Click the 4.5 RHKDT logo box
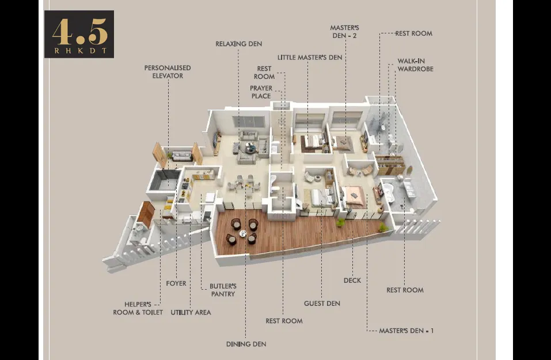(x=79, y=34)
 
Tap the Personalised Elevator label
(x=168, y=72)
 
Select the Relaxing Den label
(x=238, y=44)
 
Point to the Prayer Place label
(x=261, y=92)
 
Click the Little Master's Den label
(x=310, y=57)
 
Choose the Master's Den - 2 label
(x=344, y=32)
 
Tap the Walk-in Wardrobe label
(x=415, y=65)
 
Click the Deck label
(x=352, y=281)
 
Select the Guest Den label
(x=322, y=304)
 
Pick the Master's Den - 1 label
(x=406, y=331)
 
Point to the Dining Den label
(x=246, y=344)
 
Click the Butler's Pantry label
(x=223, y=290)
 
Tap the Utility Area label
(x=191, y=312)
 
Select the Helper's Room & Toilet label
(x=138, y=308)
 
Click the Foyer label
(x=176, y=283)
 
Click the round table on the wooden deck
(x=243, y=233)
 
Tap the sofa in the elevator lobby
(x=182, y=156)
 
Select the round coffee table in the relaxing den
(x=251, y=149)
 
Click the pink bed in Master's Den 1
(x=355, y=196)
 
